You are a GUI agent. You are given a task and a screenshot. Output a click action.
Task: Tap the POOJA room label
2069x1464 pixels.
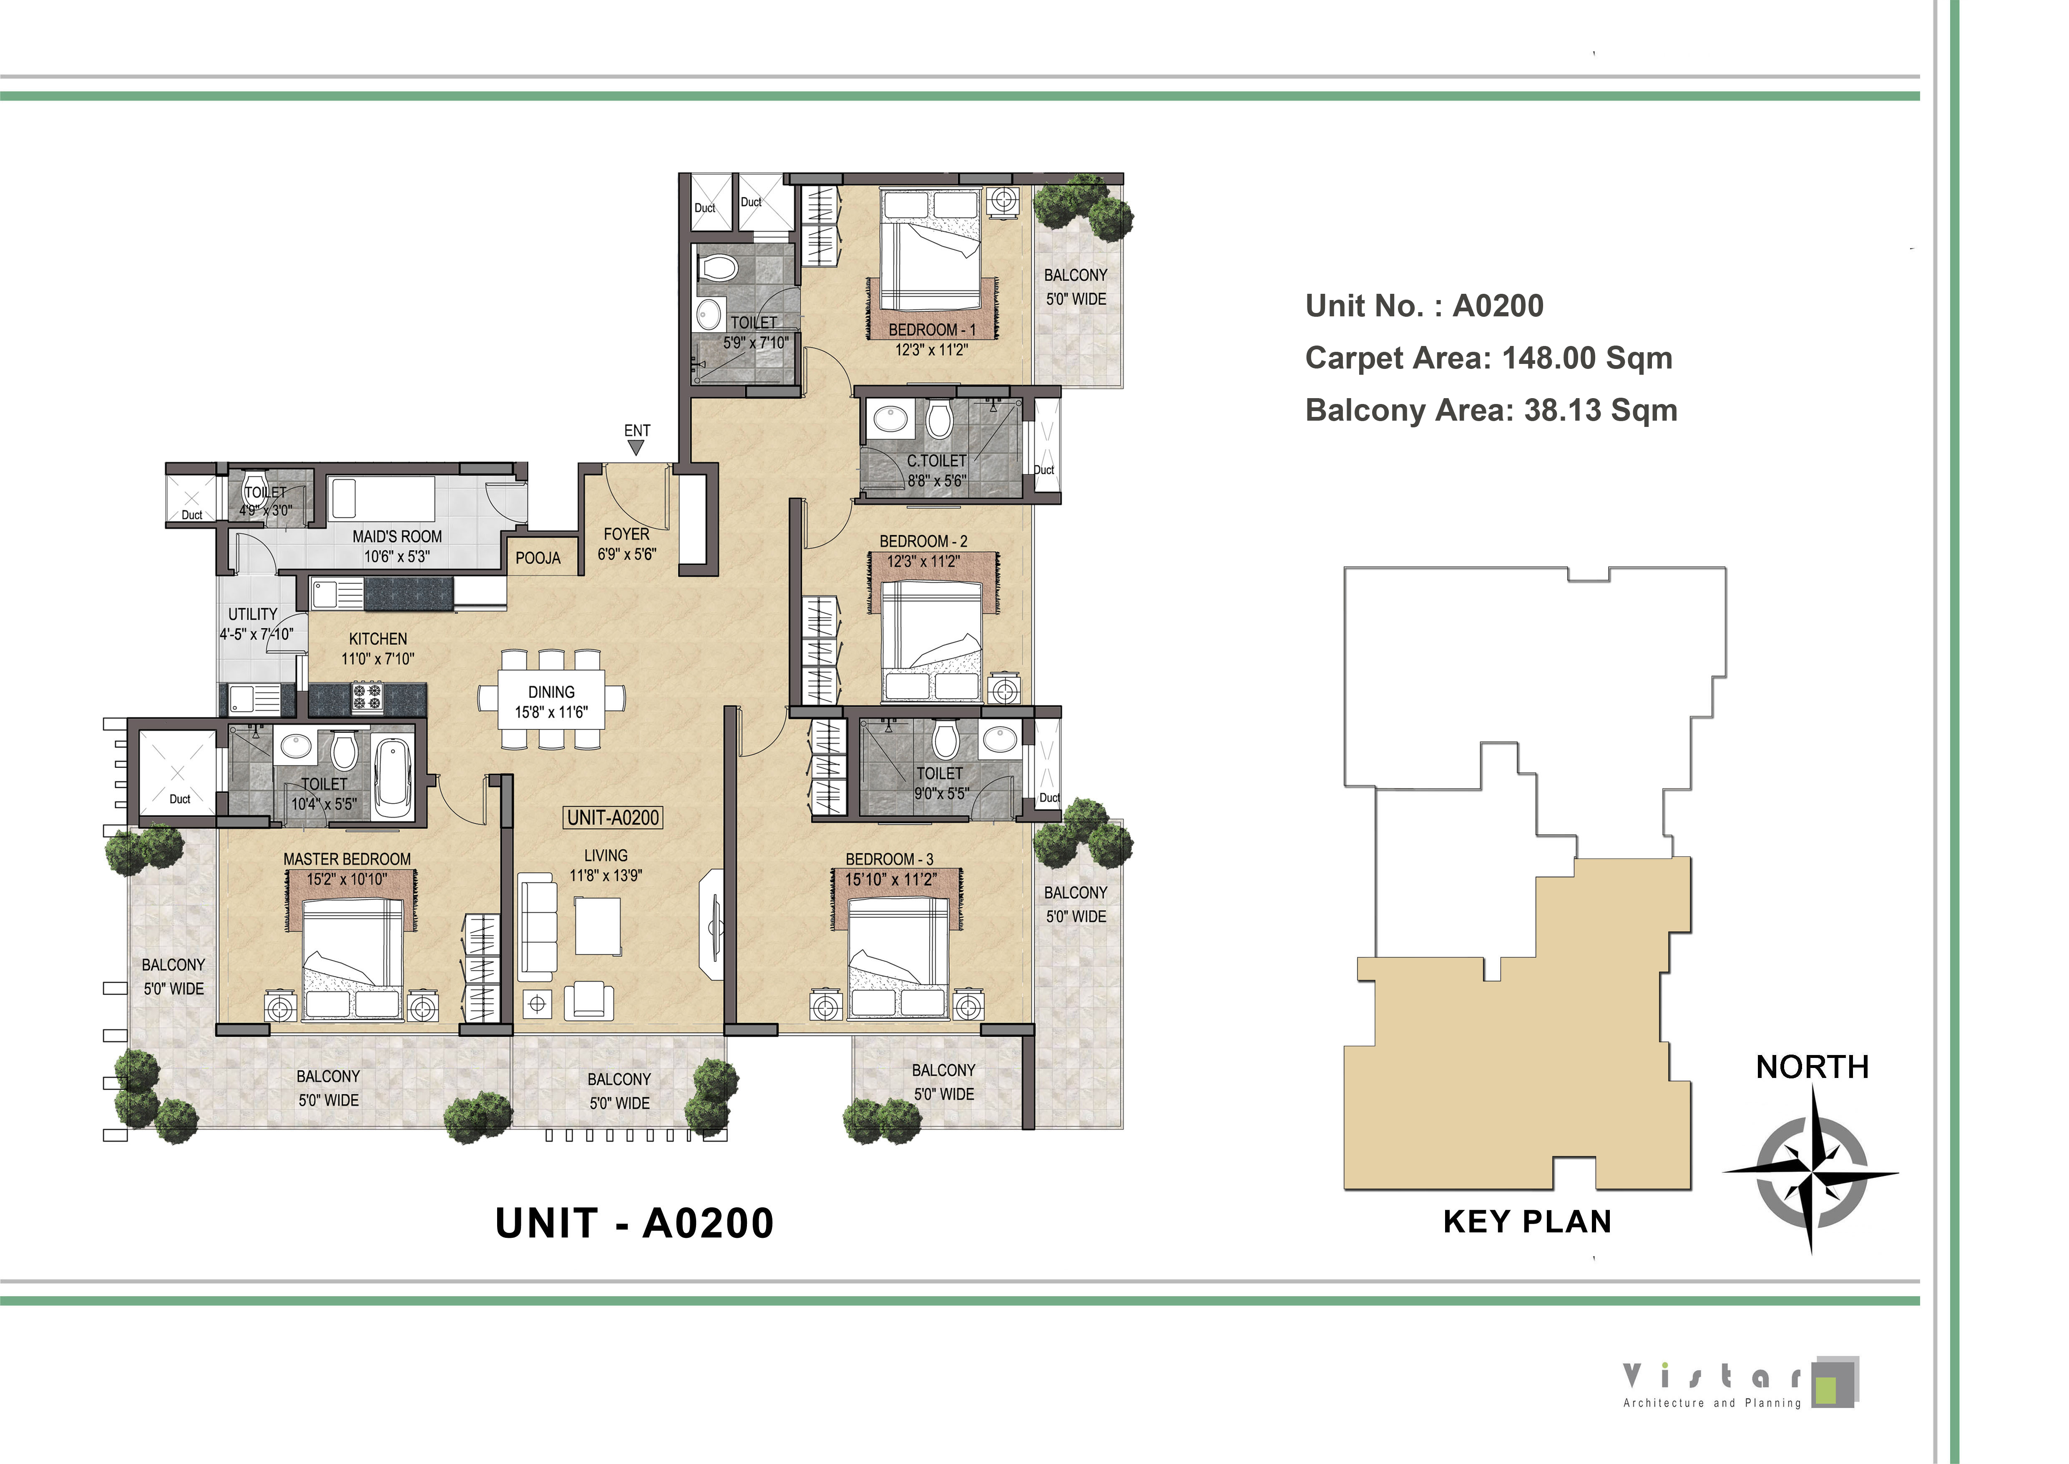(x=538, y=558)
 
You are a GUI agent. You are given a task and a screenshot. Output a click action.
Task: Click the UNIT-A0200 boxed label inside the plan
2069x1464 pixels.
(x=613, y=818)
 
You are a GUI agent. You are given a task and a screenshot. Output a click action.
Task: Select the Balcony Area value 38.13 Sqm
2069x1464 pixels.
(x=1600, y=410)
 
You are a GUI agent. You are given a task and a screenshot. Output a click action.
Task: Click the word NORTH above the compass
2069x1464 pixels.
(x=1812, y=1068)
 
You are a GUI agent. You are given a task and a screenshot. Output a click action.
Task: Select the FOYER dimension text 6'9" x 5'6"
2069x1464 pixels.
(x=627, y=554)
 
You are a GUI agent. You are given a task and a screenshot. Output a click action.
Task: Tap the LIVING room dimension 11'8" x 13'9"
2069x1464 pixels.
(x=606, y=875)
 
